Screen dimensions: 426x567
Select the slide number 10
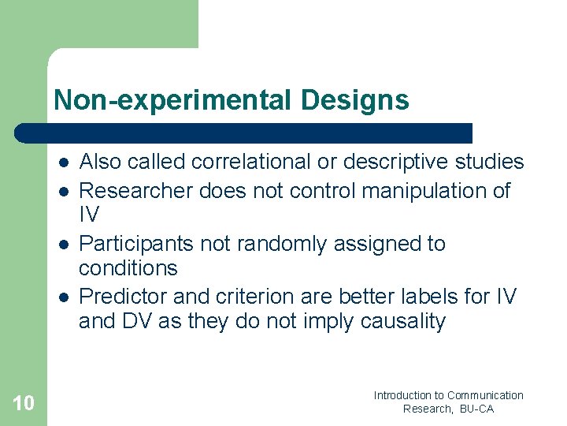click(24, 404)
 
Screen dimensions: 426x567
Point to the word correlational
click(245, 162)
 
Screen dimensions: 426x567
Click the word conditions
click(128, 268)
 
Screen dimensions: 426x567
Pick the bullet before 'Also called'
click(62, 163)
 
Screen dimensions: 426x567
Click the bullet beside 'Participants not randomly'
click(62, 245)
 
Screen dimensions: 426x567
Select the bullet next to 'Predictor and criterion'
click(62, 297)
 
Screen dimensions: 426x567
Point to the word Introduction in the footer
click(402, 395)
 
